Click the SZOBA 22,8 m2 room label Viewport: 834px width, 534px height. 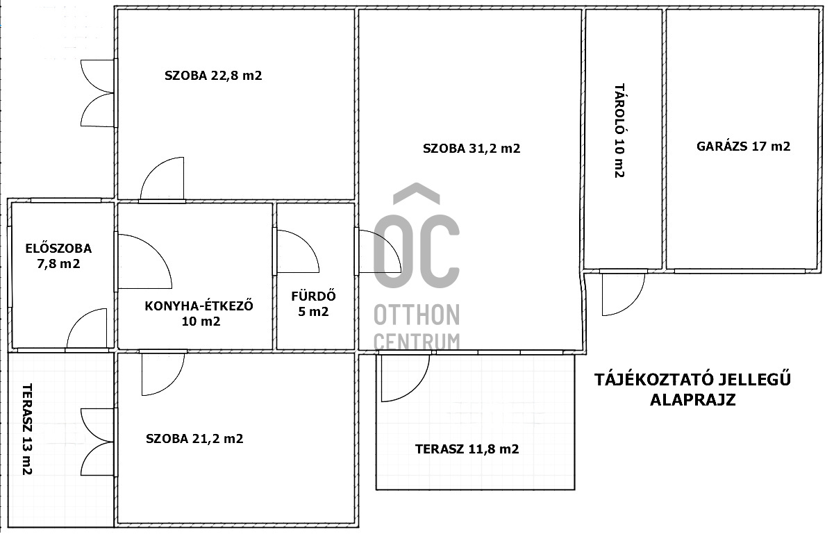(x=213, y=76)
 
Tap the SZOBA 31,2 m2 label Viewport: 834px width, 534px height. (x=472, y=149)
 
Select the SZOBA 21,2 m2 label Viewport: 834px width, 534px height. (x=194, y=439)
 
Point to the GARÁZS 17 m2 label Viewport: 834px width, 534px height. (x=743, y=146)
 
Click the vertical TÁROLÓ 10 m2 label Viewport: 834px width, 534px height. (x=619, y=131)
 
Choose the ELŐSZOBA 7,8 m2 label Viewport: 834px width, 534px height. (x=58, y=256)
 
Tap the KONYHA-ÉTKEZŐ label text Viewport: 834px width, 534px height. (x=199, y=306)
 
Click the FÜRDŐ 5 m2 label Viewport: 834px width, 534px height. (x=313, y=303)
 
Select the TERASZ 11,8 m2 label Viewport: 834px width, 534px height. (x=467, y=449)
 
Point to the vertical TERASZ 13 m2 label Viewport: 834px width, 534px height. (x=27, y=429)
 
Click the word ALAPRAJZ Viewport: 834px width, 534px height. (x=693, y=400)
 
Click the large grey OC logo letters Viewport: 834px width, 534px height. (x=416, y=236)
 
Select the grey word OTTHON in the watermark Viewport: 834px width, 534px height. (x=417, y=315)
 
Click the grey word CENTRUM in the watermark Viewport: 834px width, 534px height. (x=417, y=342)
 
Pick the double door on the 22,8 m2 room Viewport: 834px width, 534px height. (x=97, y=93)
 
